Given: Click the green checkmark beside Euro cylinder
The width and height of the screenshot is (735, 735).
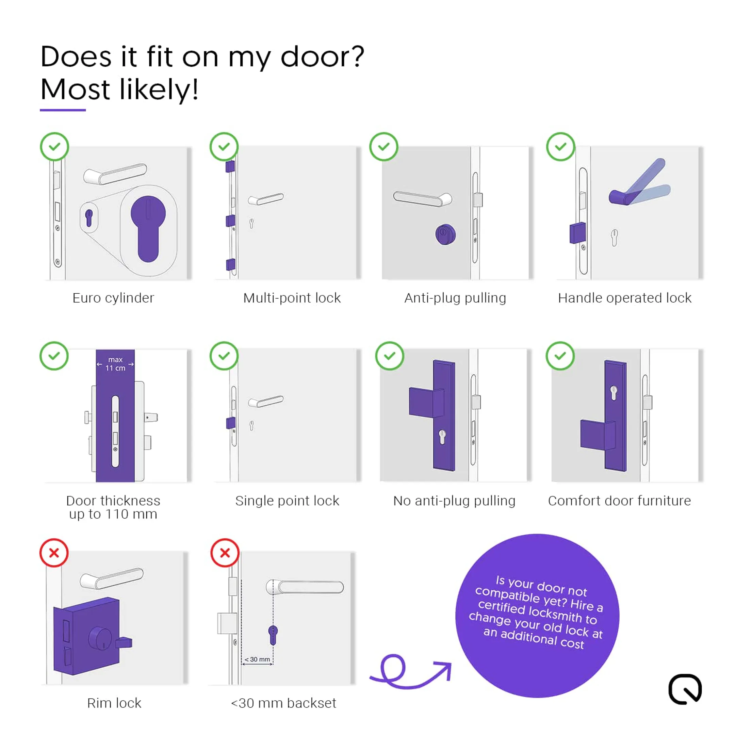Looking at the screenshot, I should [54, 146].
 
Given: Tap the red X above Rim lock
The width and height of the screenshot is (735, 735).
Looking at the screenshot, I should [54, 553].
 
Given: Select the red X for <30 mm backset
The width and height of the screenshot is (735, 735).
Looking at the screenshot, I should [225, 553].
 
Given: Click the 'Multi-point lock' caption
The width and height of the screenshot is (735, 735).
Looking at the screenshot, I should [292, 298].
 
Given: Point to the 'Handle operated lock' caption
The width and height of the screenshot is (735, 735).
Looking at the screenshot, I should [624, 298].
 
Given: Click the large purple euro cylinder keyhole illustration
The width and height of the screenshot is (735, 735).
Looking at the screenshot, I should [148, 228].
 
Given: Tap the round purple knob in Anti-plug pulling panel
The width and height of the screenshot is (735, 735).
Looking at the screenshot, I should [445, 235].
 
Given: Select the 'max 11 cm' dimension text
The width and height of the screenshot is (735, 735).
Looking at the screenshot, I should [115, 364].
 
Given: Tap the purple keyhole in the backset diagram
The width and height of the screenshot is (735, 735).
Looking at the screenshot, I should [273, 635].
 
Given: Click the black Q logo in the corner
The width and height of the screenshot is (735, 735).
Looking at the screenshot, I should [685, 689].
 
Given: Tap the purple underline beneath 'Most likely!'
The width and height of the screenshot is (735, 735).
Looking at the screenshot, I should [63, 110].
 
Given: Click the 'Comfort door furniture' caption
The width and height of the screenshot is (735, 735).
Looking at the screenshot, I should [619, 501].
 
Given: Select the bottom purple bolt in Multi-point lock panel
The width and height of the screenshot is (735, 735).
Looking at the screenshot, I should [230, 264].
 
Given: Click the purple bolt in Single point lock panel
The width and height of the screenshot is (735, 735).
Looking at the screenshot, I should [230, 423].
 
